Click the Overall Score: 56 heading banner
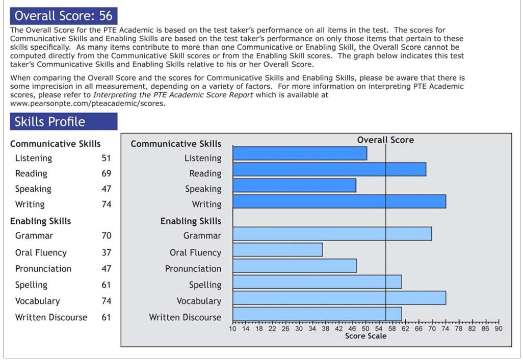point(64,16)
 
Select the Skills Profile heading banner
point(64,121)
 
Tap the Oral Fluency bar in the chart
point(278,250)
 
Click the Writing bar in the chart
point(339,201)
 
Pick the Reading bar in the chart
point(329,169)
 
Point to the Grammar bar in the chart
point(332,234)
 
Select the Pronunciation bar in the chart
point(295,266)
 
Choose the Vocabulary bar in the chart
point(339,298)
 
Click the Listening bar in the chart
point(300,153)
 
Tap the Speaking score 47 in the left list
point(106,189)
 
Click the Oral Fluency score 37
point(106,252)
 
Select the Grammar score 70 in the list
point(106,236)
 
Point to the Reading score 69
point(106,173)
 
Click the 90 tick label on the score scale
point(498,329)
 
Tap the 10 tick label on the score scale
point(233,329)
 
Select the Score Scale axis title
point(365,336)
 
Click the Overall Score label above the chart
point(385,140)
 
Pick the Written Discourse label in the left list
point(51,317)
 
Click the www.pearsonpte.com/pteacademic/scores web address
point(87,104)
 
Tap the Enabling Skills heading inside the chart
point(191,221)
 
